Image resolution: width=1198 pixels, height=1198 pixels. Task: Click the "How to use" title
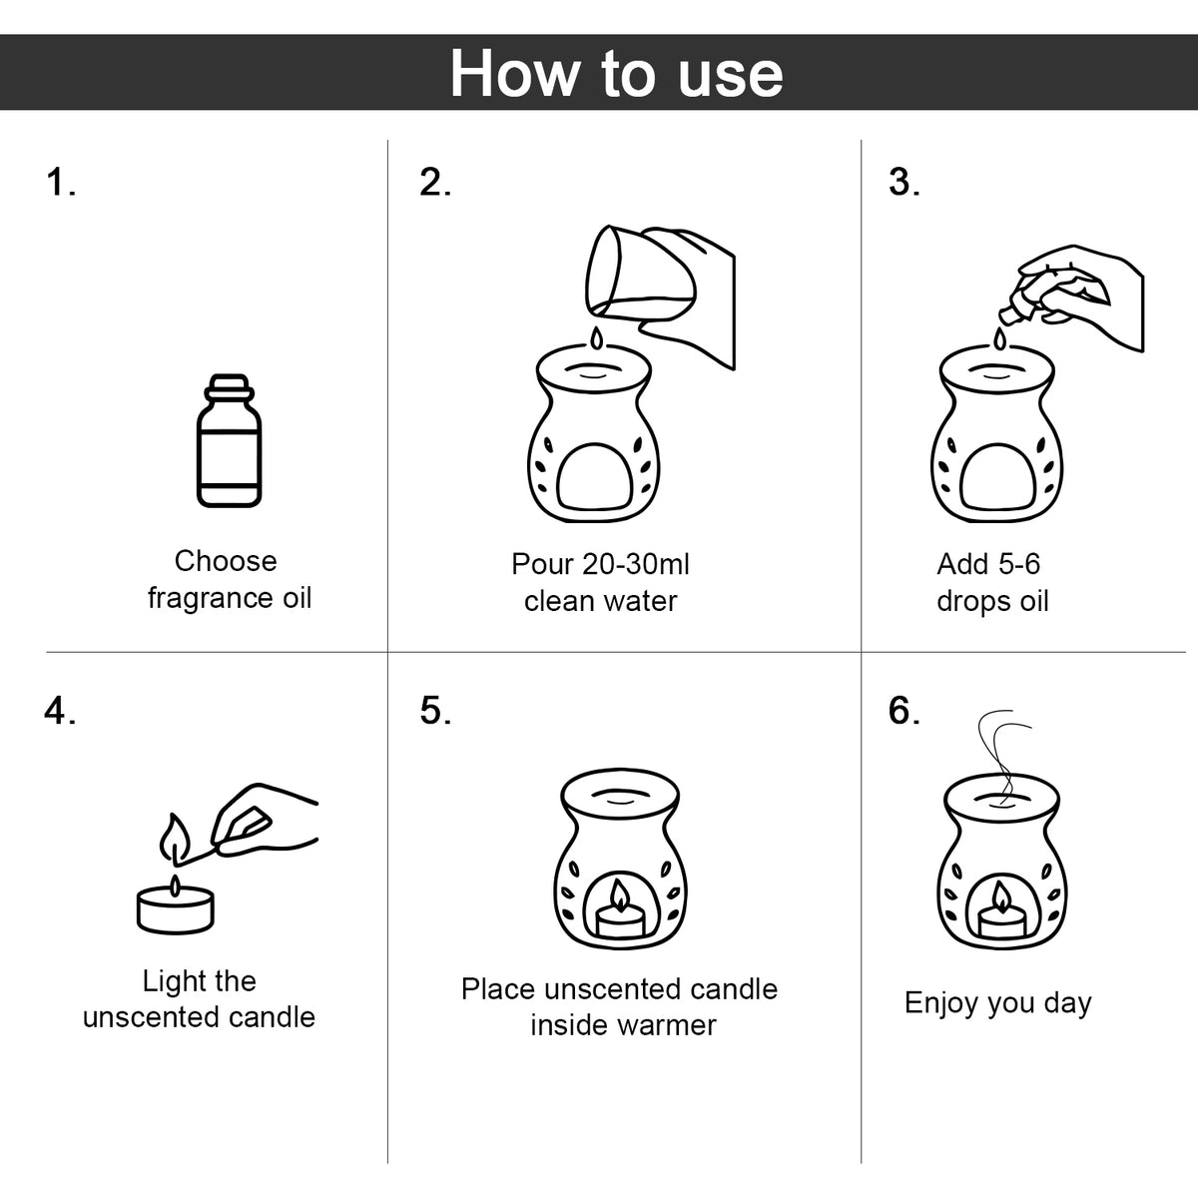[616, 73]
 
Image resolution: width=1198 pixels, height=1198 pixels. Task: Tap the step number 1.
[60, 182]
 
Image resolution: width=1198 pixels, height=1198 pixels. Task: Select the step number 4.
[60, 710]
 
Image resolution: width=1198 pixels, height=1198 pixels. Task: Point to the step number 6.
[903, 710]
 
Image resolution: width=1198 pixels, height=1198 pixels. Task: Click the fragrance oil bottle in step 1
[229, 440]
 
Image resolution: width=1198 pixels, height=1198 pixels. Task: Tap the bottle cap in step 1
[229, 386]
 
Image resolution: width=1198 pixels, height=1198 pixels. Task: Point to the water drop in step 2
[596, 338]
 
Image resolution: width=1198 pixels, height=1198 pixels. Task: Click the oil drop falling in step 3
[999, 338]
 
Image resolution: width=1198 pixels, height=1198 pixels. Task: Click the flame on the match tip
[175, 839]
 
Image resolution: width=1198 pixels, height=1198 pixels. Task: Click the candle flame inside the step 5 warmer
[619, 896]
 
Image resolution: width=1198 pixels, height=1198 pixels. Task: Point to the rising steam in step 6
[1002, 757]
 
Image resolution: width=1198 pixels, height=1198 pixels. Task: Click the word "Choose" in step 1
[226, 561]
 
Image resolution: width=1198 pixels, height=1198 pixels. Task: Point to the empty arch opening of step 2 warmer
[594, 477]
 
